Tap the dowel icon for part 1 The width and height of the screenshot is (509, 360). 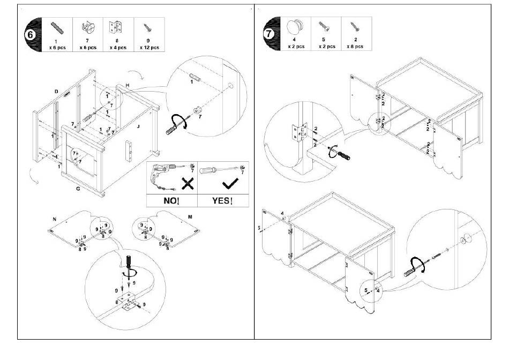tap(56, 27)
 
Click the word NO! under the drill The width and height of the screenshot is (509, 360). tap(171, 201)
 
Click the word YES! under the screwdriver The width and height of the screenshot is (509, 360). tap(222, 201)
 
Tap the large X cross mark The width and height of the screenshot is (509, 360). tap(188, 184)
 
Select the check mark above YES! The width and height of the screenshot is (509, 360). tap(229, 184)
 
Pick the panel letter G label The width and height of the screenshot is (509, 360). tap(78, 189)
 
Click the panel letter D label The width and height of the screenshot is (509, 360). tap(55, 92)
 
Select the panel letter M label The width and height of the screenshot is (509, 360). tap(190, 216)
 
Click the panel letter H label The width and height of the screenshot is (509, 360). tap(128, 86)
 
